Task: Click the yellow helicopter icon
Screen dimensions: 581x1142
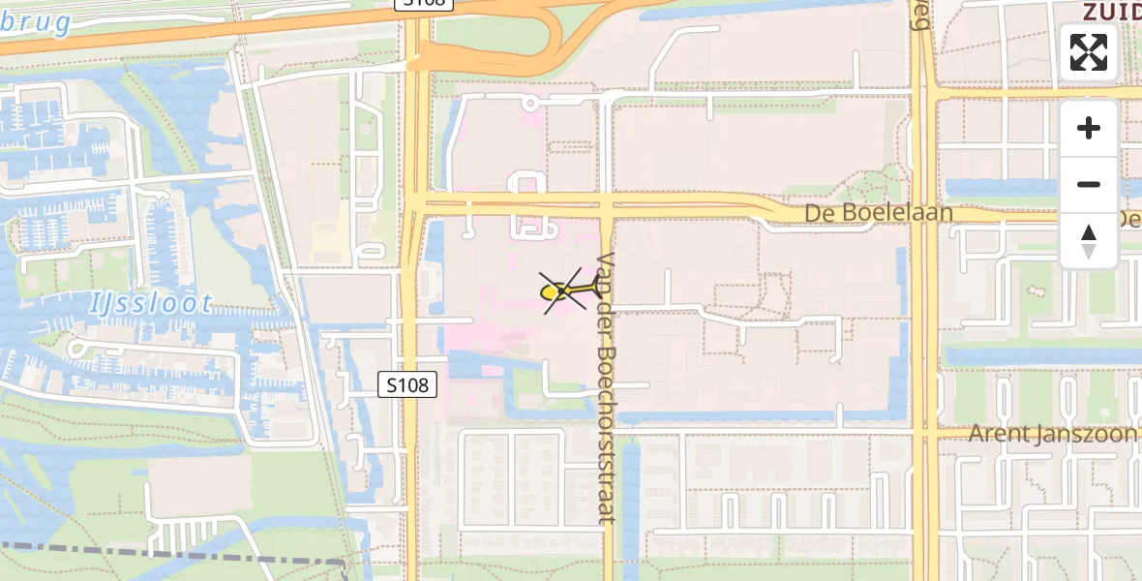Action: (x=562, y=290)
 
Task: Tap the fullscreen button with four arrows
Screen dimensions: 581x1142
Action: (x=1089, y=52)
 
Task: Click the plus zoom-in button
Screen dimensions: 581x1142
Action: (x=1089, y=128)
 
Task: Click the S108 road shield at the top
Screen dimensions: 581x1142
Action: (x=424, y=4)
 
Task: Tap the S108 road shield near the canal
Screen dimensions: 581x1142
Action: (x=407, y=385)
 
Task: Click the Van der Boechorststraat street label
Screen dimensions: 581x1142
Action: (x=607, y=387)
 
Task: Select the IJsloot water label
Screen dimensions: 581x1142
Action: (x=151, y=304)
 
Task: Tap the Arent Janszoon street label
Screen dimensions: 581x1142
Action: (x=1053, y=433)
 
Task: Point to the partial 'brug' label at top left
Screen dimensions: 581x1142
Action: (x=35, y=21)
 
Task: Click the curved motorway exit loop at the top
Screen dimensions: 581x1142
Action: (x=556, y=44)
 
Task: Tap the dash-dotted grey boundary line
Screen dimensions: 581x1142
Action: (x=174, y=555)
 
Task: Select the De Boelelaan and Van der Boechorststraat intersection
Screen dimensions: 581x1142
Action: (x=607, y=204)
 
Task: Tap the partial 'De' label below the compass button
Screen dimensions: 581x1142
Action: (x=1128, y=219)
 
